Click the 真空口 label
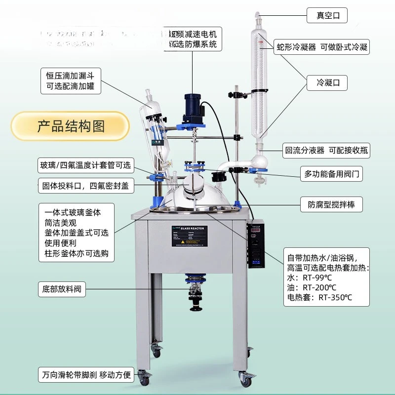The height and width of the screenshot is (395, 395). [x=327, y=15]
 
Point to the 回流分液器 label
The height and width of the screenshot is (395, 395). [x=326, y=150]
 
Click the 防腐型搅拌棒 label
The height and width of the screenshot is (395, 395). [x=331, y=204]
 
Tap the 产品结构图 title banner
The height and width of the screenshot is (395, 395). [x=70, y=126]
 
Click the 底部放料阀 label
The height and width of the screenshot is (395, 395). [x=62, y=289]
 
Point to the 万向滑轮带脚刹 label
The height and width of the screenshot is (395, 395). [x=86, y=375]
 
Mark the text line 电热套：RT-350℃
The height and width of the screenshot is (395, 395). [x=320, y=297]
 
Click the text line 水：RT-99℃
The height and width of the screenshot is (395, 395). [x=310, y=277]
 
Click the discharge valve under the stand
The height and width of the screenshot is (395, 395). [x=196, y=294]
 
